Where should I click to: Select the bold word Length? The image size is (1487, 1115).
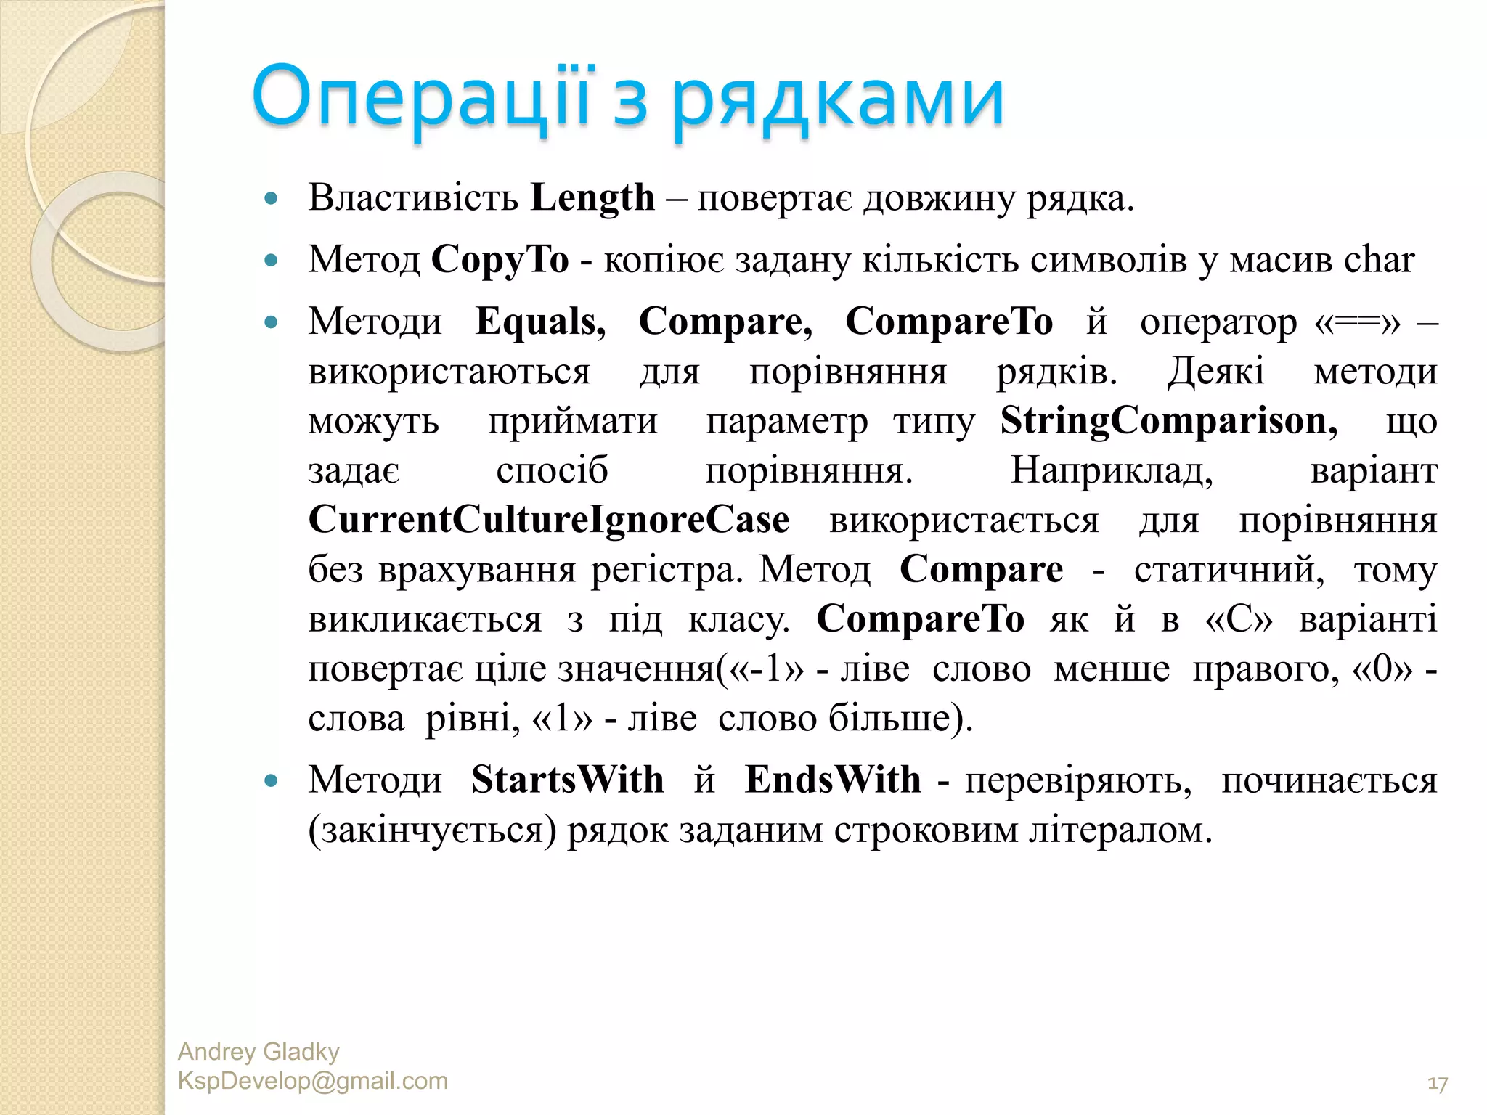[x=592, y=197]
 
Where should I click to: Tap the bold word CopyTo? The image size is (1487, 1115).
[x=500, y=260]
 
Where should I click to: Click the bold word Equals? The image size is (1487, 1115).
[x=540, y=322]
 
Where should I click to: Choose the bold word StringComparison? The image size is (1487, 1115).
[x=1169, y=421]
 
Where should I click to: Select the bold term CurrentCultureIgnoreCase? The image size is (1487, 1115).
[x=549, y=520]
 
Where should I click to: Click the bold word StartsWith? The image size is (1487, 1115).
[x=567, y=780]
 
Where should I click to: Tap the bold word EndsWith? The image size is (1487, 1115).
[x=833, y=780]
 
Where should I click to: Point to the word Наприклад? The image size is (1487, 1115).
[x=1112, y=470]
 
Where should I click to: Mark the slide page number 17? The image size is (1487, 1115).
[x=1437, y=1085]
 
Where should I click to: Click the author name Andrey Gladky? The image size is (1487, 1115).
[x=258, y=1052]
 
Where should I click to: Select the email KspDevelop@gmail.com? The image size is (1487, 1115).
[x=313, y=1081]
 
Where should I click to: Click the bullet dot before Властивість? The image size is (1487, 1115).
[x=272, y=198]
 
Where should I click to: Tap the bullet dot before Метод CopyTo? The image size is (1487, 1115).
[x=272, y=261]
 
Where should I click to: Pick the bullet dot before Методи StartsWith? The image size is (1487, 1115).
[x=272, y=781]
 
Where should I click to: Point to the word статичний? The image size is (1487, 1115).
[x=1229, y=570]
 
